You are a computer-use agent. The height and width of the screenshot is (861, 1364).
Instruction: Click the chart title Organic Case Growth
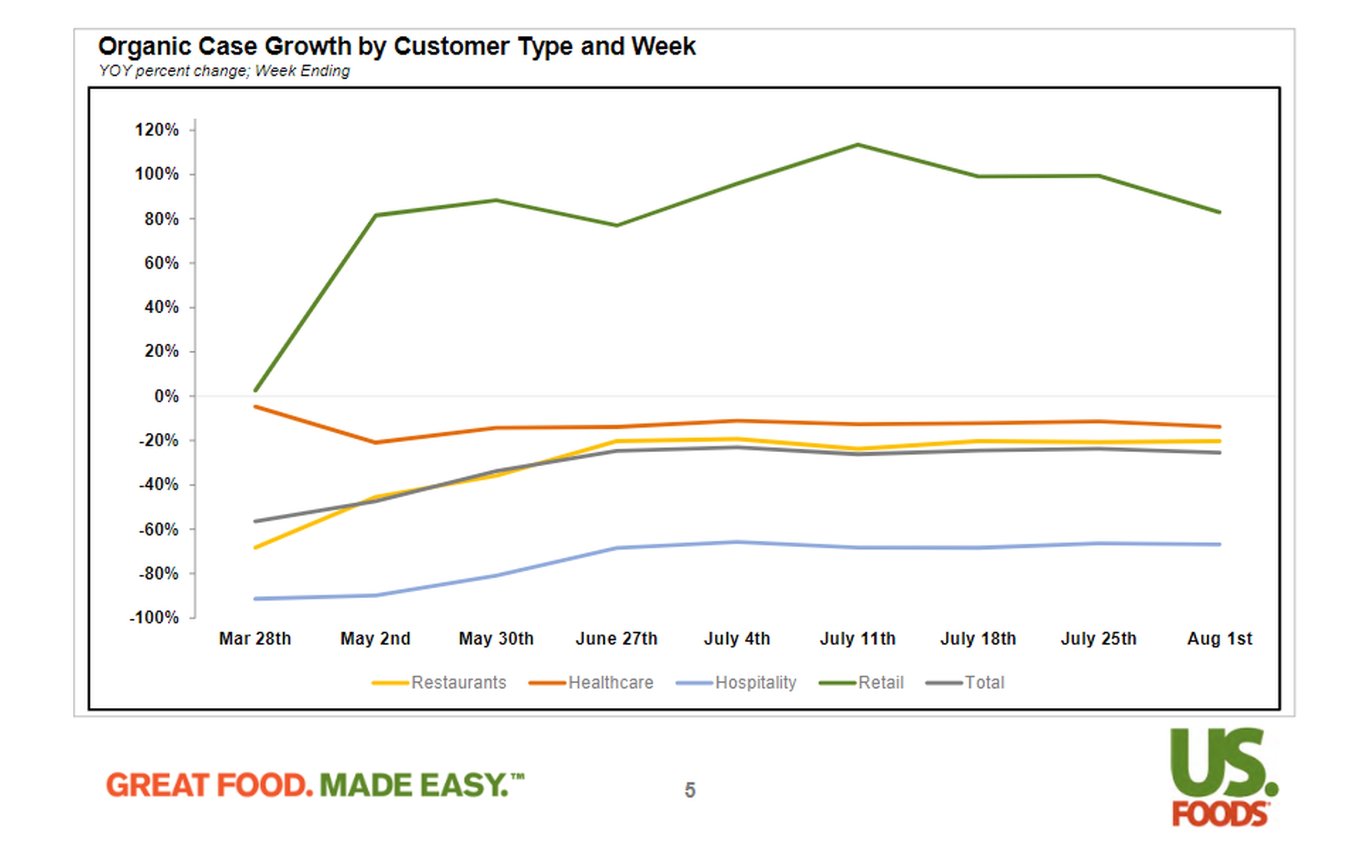point(396,46)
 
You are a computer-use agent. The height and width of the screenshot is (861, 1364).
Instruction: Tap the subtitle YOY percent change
point(224,71)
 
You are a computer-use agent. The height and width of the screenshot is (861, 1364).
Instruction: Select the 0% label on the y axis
point(166,396)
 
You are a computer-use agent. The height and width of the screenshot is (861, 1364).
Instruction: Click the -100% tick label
point(154,617)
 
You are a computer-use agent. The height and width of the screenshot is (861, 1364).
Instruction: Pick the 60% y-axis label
point(161,263)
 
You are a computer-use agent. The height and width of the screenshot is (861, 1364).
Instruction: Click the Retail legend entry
point(880,682)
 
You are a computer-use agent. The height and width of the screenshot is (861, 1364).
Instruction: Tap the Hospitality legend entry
point(755,682)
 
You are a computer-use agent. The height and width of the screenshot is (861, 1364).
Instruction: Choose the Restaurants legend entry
point(458,682)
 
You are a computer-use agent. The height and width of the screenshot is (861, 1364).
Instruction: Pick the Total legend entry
point(984,682)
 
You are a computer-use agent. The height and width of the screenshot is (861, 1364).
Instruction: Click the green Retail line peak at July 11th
point(858,145)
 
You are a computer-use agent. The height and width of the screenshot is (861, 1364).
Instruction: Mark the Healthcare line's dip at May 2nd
point(376,442)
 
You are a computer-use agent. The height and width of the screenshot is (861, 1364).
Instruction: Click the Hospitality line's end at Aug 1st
point(1219,544)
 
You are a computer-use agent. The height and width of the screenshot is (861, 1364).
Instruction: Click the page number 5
point(689,790)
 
